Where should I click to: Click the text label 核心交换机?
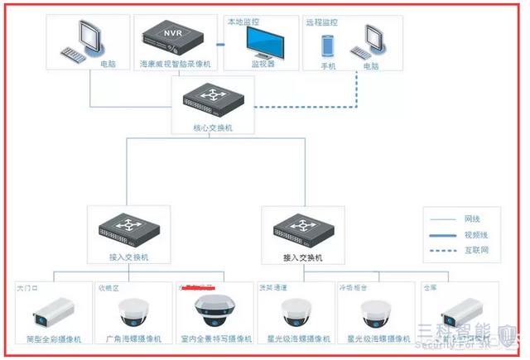click(x=212, y=129)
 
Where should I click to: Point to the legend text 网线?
click(x=472, y=220)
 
